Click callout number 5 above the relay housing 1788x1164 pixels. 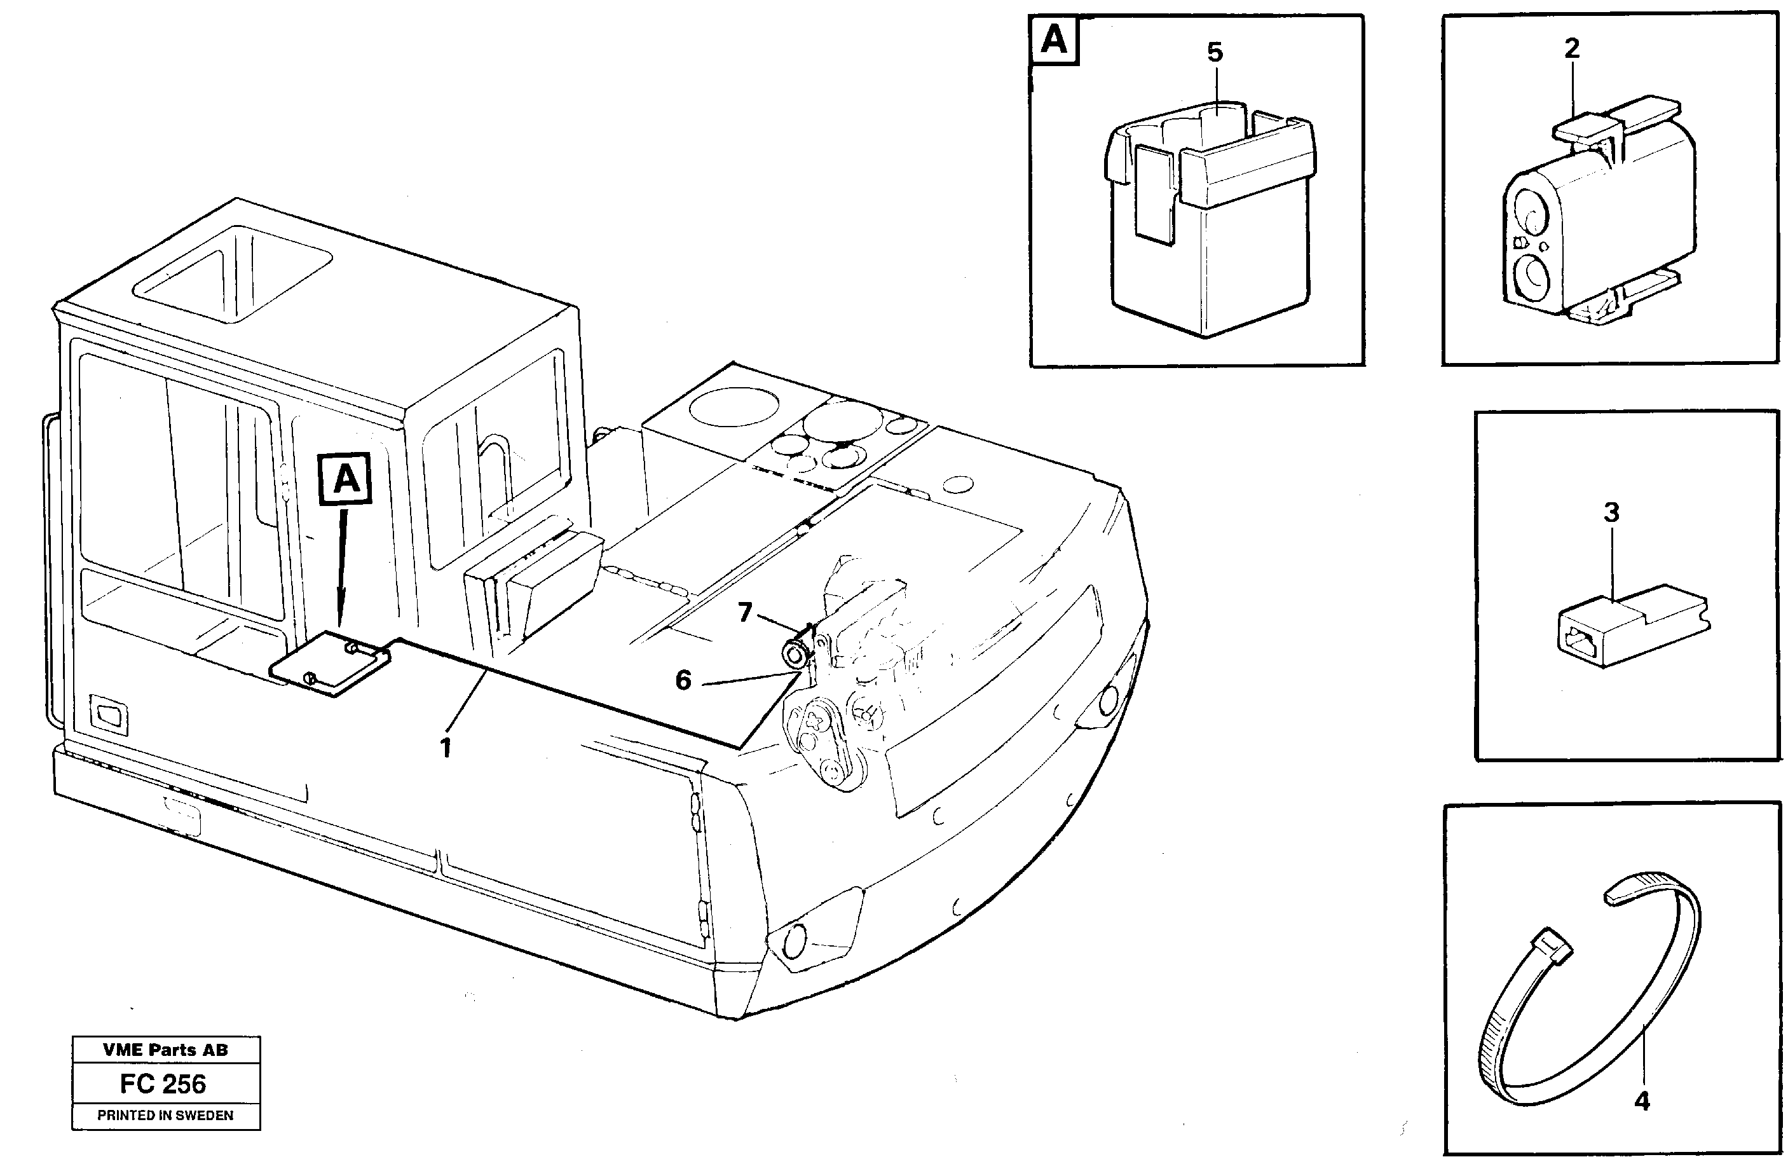[1215, 53]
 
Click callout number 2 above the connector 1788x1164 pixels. [1572, 49]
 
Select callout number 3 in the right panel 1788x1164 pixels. [1611, 512]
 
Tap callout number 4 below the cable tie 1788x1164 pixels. [1642, 1102]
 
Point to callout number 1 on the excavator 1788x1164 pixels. [446, 748]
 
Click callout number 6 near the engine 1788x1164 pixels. [683, 680]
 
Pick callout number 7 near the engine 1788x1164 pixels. [744, 612]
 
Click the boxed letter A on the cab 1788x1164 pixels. [346, 479]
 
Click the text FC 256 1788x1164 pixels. [163, 1084]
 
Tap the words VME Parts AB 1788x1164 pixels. [165, 1050]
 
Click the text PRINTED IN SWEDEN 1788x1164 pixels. [165, 1115]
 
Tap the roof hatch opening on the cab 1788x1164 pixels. [233, 274]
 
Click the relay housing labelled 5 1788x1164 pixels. [1210, 226]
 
